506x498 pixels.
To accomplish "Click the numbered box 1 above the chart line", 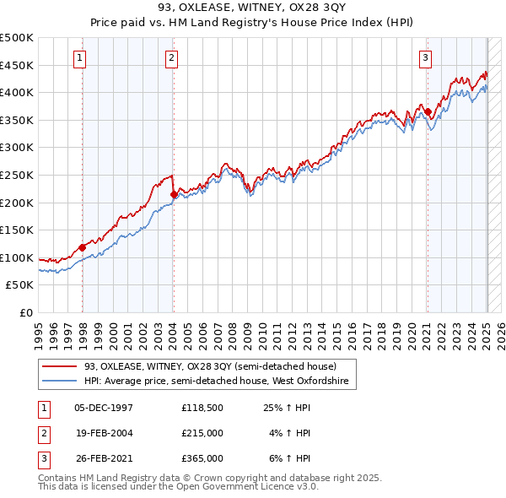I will [x=78, y=58].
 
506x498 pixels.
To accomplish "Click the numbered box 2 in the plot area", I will [x=171, y=58].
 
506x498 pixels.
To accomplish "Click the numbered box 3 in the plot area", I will [x=426, y=58].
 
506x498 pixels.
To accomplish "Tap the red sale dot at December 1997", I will [x=83, y=247].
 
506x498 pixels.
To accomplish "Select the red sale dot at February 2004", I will [x=174, y=194].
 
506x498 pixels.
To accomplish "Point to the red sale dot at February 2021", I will [x=428, y=111].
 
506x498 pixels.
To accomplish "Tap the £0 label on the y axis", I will [x=27, y=312].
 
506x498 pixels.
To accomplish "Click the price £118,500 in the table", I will [x=202, y=408].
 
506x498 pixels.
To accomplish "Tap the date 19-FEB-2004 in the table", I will [x=105, y=433].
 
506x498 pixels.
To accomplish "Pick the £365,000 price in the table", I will [x=202, y=458].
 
